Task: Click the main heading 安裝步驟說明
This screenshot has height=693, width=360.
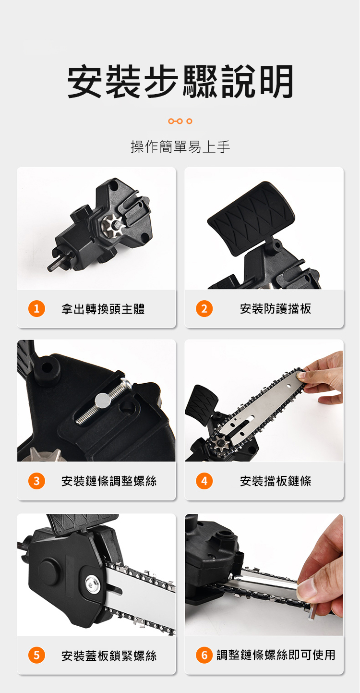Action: pyautogui.click(x=180, y=82)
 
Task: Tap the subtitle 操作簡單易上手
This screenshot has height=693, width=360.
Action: pyautogui.click(x=180, y=146)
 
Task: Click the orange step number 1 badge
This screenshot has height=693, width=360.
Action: pyautogui.click(x=36, y=309)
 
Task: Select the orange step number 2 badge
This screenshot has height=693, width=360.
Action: pyautogui.click(x=204, y=309)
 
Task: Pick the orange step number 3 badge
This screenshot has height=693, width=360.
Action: pyautogui.click(x=36, y=481)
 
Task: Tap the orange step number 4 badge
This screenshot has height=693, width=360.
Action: pyautogui.click(x=204, y=481)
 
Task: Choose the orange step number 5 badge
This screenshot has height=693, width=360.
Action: pyautogui.click(x=36, y=655)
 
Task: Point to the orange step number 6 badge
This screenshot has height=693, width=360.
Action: pyautogui.click(x=204, y=655)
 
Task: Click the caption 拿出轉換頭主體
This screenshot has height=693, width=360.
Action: pyautogui.click(x=103, y=309)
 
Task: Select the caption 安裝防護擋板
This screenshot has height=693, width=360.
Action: pyautogui.click(x=276, y=309)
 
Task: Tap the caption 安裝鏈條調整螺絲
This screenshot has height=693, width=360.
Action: pyautogui.click(x=109, y=481)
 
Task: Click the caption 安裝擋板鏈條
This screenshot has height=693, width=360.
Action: pyautogui.click(x=276, y=481)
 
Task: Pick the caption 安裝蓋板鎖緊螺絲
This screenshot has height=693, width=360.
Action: pyautogui.click(x=109, y=655)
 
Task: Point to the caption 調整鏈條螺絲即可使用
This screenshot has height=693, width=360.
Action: pyautogui.click(x=276, y=655)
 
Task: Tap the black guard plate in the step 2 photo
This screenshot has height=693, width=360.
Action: pyautogui.click(x=251, y=218)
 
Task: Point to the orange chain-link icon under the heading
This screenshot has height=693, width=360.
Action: pyautogui.click(x=180, y=121)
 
